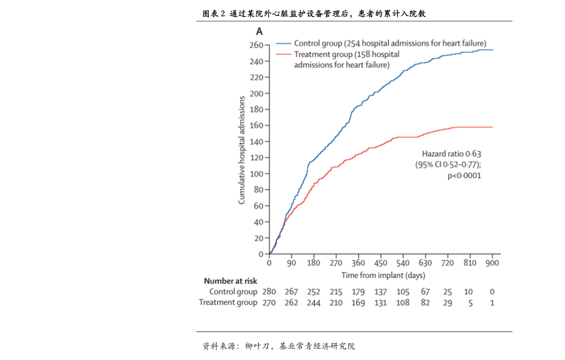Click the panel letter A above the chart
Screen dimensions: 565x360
(x=259, y=32)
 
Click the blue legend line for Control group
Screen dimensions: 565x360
(x=284, y=44)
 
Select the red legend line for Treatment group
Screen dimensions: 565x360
(x=284, y=55)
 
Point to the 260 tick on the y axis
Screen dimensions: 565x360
(x=267, y=46)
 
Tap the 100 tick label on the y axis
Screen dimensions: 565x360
(x=256, y=174)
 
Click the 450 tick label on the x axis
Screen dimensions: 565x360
(x=380, y=263)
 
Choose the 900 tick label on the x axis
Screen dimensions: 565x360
(x=492, y=263)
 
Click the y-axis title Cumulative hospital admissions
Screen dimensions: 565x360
(x=241, y=150)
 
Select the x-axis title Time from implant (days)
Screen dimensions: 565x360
(x=383, y=275)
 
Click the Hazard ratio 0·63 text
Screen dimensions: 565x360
(x=452, y=154)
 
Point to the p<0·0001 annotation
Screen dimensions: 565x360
(x=464, y=175)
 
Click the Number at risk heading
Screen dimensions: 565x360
(x=231, y=281)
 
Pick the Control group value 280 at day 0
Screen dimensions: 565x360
(x=269, y=292)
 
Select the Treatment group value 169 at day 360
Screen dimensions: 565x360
(x=358, y=303)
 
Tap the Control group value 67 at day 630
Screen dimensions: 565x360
(x=425, y=292)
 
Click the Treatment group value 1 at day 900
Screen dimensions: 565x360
(x=492, y=303)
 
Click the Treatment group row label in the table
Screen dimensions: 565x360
(x=228, y=302)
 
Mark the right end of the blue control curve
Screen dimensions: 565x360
(x=493, y=50)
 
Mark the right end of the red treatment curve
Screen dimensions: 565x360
(x=492, y=127)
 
